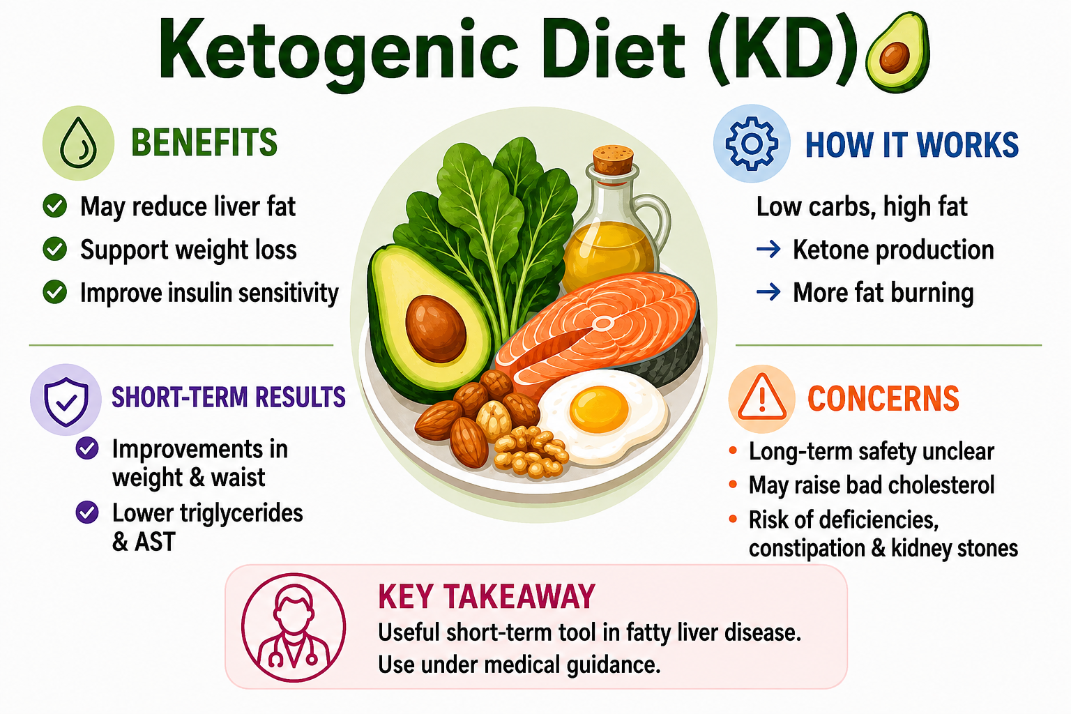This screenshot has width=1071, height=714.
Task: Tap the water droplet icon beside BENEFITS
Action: [x=78, y=143]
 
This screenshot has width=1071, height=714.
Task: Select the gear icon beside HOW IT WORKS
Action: [x=752, y=144]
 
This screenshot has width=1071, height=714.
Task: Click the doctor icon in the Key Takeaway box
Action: [x=293, y=628]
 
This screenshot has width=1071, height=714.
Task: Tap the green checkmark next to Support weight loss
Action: [x=55, y=249]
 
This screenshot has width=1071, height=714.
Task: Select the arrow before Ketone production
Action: [x=768, y=249]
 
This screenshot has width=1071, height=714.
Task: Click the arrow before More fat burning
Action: [x=768, y=291]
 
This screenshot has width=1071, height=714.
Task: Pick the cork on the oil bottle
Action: [x=614, y=159]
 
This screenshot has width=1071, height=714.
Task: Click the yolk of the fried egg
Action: [x=599, y=409]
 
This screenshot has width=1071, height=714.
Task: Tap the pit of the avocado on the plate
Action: [x=436, y=328]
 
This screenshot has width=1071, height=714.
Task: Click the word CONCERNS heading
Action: [x=883, y=399]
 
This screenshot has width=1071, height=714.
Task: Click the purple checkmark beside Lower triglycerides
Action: [x=87, y=512]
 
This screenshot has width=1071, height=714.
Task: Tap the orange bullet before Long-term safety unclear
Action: [x=733, y=450]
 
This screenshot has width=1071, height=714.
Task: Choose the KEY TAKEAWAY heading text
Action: [x=487, y=596]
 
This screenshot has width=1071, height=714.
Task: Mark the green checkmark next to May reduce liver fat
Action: [x=55, y=206]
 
